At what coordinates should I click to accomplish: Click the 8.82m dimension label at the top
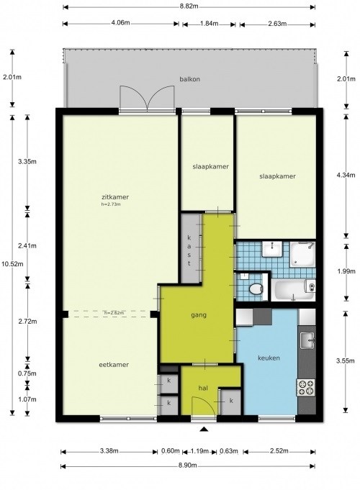tap(189, 5)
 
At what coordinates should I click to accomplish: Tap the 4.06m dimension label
tap(120, 22)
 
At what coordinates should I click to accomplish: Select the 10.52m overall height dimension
tap(10, 263)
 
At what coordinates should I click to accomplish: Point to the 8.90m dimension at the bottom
tap(189, 466)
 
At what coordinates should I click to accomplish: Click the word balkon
tap(189, 80)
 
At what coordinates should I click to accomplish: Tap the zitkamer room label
tap(115, 196)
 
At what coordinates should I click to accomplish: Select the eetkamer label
tap(114, 365)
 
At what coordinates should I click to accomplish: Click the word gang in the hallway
tap(199, 316)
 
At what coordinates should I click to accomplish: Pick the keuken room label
tap(269, 358)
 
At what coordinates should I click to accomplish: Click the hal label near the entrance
tap(203, 388)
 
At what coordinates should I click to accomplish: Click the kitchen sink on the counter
tap(308, 337)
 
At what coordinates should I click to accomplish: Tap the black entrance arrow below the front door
tap(204, 430)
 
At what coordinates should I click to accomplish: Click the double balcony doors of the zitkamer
tap(148, 98)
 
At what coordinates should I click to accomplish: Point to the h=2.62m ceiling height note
tap(114, 312)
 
